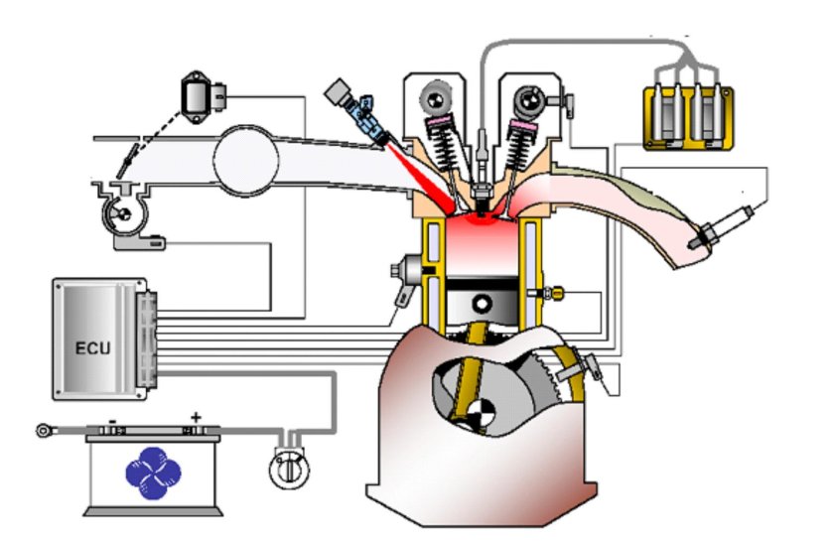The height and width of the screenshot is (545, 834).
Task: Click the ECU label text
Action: (x=93, y=348)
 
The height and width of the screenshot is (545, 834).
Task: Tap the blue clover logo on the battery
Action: (x=153, y=474)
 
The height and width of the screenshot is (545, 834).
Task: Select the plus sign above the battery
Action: (x=197, y=417)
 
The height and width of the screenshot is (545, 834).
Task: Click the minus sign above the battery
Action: (x=113, y=421)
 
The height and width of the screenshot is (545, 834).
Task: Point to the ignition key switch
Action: (x=289, y=468)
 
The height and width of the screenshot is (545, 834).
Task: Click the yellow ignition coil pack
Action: (x=688, y=118)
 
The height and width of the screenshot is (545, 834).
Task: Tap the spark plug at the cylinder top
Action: (x=483, y=176)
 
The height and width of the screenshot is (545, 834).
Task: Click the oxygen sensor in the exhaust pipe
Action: (x=721, y=228)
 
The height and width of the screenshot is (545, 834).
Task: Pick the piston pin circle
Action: (x=482, y=305)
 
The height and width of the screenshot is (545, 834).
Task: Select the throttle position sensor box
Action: (x=203, y=98)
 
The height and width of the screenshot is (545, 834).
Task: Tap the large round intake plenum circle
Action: (x=246, y=160)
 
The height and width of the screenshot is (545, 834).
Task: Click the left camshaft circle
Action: (x=437, y=98)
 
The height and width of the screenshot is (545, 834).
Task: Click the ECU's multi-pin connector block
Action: (x=146, y=340)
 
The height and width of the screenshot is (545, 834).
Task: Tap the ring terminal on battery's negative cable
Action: (x=44, y=430)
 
